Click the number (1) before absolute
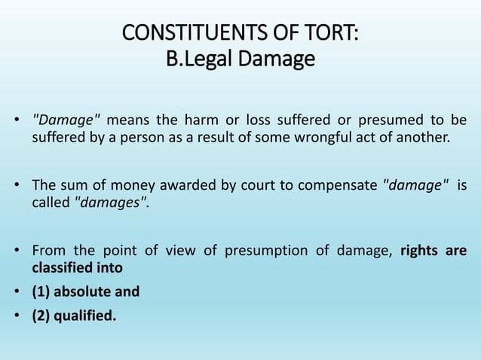41,291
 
